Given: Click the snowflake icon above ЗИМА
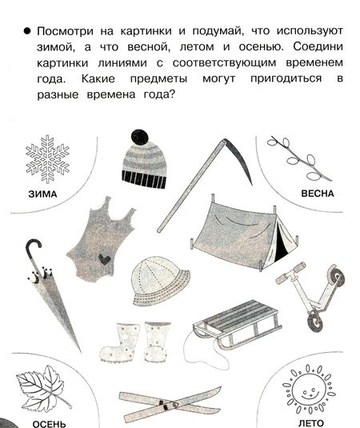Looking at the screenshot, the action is click(x=47, y=159).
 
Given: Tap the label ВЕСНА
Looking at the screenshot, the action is click(x=318, y=194).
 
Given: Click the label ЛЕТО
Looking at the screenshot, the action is click(x=311, y=424).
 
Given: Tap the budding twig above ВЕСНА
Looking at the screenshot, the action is click(x=299, y=158).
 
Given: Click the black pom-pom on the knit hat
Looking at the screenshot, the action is click(x=140, y=138).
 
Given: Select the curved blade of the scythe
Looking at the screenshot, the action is click(x=240, y=160).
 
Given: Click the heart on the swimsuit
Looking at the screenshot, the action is click(x=104, y=259).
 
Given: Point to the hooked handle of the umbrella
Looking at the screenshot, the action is click(x=34, y=251).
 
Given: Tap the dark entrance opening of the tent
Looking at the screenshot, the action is click(x=280, y=243).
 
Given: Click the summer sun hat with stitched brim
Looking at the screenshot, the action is click(x=160, y=281).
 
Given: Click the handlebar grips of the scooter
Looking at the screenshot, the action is click(x=290, y=274).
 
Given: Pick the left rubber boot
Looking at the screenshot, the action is click(x=120, y=343).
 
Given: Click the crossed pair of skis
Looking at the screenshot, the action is click(x=170, y=405).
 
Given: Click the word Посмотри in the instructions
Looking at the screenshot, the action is click(x=66, y=31).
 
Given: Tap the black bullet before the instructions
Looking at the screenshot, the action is click(x=27, y=31).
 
